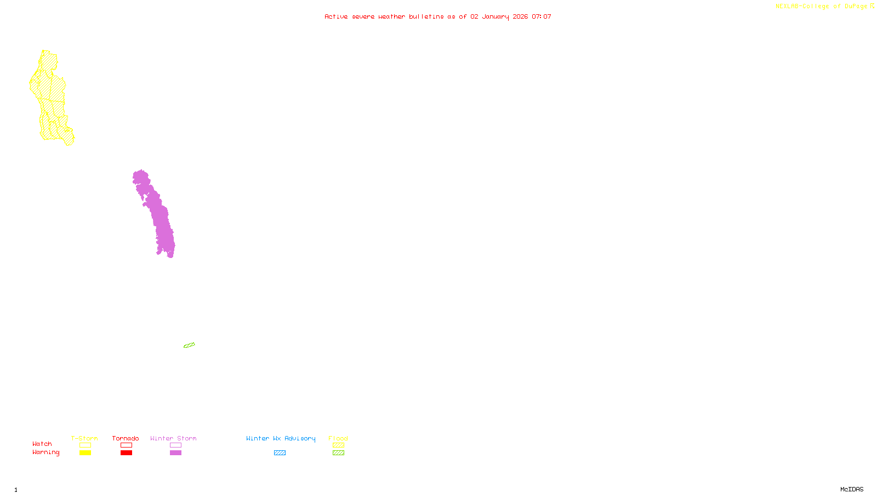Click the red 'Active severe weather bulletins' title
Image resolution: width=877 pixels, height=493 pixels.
click(437, 16)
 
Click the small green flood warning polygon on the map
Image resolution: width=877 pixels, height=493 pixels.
click(189, 345)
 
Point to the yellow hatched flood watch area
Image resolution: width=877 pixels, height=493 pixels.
click(50, 93)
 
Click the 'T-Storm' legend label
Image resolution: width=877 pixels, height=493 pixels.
click(84, 438)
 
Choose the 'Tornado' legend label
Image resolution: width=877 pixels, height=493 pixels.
click(126, 438)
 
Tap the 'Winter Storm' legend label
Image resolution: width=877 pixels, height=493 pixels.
click(173, 438)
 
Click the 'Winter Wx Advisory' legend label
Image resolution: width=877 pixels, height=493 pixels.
click(281, 438)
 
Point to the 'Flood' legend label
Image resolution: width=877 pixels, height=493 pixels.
click(338, 438)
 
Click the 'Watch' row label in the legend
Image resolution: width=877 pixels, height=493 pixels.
click(42, 444)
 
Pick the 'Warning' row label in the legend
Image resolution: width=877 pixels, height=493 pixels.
click(45, 452)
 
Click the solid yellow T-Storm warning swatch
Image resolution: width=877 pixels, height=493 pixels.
click(85, 453)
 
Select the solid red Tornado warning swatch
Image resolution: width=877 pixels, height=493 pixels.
click(126, 453)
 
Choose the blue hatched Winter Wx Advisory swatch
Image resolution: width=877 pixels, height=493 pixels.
click(280, 453)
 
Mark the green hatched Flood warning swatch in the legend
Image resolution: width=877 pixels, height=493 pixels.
click(338, 453)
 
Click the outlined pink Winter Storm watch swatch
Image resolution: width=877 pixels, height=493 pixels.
click(175, 445)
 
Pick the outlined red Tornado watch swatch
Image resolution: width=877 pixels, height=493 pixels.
click(126, 445)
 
